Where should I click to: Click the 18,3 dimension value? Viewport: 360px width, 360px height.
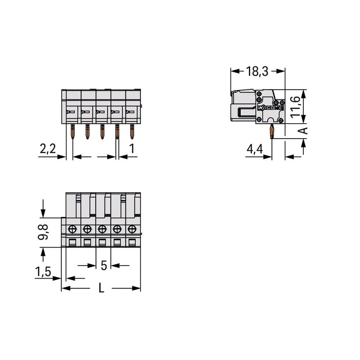pyautogui.click(x=257, y=71)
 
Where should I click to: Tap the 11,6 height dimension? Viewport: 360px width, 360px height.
pyautogui.click(x=296, y=107)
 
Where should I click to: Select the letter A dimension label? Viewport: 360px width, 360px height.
pyautogui.click(x=303, y=130)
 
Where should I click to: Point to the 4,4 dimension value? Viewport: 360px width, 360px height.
pyautogui.click(x=255, y=149)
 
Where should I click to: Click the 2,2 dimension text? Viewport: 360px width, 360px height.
pyautogui.click(x=48, y=149)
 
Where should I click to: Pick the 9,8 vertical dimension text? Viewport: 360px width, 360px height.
pyautogui.click(x=43, y=232)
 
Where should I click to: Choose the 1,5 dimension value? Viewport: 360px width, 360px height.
pyautogui.click(x=43, y=272)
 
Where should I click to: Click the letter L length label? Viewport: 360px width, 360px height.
pyautogui.click(x=101, y=288)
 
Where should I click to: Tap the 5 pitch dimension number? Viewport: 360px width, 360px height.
pyautogui.click(x=104, y=265)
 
